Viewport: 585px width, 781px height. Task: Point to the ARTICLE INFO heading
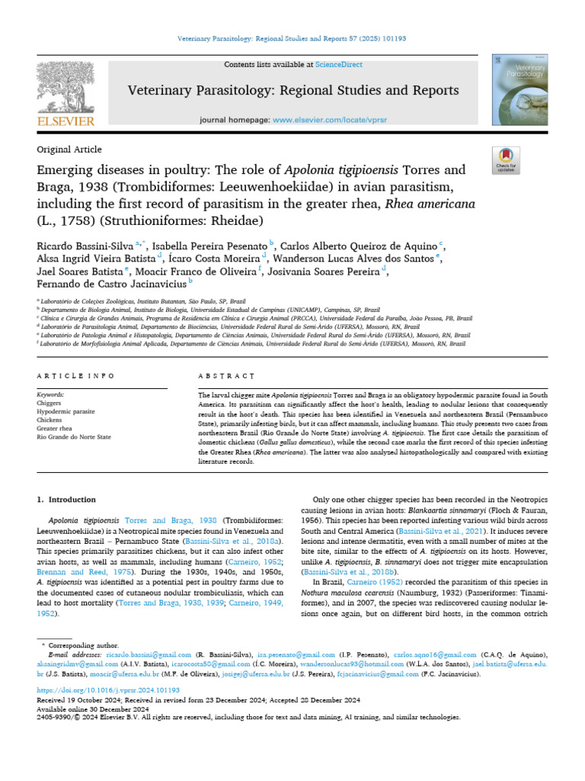(76, 376)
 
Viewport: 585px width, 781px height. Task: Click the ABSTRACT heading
(226, 376)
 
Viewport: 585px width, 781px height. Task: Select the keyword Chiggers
(50, 403)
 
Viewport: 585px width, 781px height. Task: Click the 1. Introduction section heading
(67, 499)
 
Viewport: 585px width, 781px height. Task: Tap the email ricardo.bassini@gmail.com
(127, 654)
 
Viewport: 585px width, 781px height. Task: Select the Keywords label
(51, 394)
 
